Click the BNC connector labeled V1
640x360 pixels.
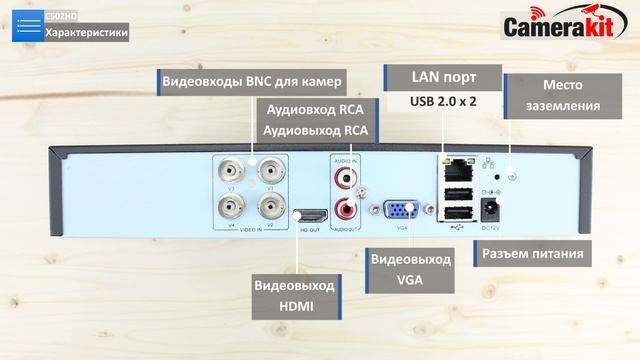click(269, 172)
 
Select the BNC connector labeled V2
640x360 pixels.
click(269, 208)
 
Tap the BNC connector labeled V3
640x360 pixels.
click(231, 172)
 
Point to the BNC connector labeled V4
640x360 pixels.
click(231, 208)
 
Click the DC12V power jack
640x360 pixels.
click(491, 208)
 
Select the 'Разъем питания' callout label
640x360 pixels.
click(533, 253)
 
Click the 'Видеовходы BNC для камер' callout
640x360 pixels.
click(252, 80)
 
